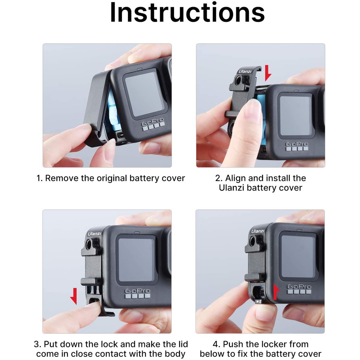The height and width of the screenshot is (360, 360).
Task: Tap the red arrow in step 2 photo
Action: (268, 73)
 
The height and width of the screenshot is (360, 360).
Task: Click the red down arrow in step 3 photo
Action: (74, 296)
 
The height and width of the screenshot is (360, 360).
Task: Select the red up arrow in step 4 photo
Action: (276, 291)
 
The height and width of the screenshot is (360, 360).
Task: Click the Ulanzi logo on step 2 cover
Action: (245, 71)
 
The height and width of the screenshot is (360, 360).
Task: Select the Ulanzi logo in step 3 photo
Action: (94, 234)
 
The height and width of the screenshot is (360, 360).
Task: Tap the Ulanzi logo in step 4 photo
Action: (258, 231)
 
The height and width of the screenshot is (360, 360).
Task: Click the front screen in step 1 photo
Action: (144, 94)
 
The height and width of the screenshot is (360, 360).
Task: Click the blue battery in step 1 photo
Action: (110, 108)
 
